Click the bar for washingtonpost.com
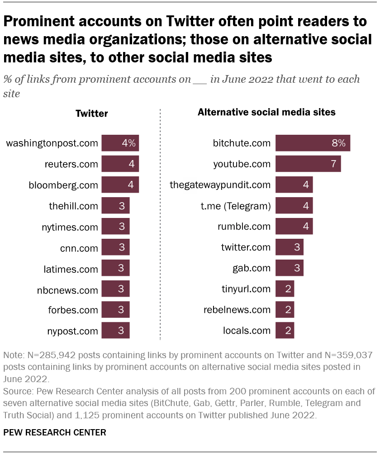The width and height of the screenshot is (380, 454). (x=120, y=143)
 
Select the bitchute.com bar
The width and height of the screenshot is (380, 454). (x=313, y=143)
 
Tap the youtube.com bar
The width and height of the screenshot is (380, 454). (x=308, y=164)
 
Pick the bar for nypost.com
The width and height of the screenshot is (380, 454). (x=115, y=331)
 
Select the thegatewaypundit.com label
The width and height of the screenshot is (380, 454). (x=220, y=184)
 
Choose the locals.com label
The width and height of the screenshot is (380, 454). (x=247, y=331)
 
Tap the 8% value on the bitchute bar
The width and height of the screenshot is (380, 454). (x=338, y=143)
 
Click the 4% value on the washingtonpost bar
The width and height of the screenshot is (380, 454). (x=128, y=143)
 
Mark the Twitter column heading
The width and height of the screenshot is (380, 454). (x=91, y=113)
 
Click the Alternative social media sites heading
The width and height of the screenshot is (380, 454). (x=266, y=112)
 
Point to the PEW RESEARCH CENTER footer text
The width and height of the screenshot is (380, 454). (x=55, y=433)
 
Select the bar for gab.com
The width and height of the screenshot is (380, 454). (x=289, y=268)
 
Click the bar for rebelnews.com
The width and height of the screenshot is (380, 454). (x=285, y=310)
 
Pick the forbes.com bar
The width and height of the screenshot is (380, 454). (x=115, y=310)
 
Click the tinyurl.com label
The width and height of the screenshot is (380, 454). (x=246, y=289)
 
